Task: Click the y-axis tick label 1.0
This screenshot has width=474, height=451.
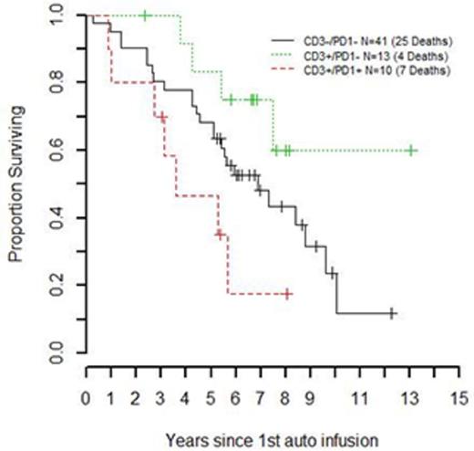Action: [x=57, y=16]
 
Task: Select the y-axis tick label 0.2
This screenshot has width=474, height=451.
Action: [x=57, y=284]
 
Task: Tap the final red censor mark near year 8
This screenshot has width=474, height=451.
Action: [x=287, y=294]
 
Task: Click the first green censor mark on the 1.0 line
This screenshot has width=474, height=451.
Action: [x=145, y=16]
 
